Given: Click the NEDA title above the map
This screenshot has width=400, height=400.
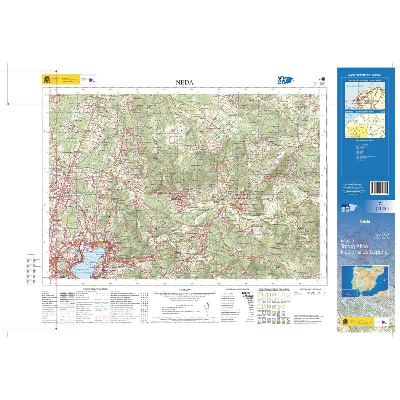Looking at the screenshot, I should pyautogui.click(x=184, y=82).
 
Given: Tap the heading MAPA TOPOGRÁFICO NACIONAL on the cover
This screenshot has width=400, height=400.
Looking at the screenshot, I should pyautogui.click(x=365, y=75).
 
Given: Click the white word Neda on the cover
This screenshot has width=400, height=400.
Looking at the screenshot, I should pyautogui.click(x=365, y=221).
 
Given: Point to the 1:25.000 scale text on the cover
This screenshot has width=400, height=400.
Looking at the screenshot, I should pyautogui.click(x=381, y=234).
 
